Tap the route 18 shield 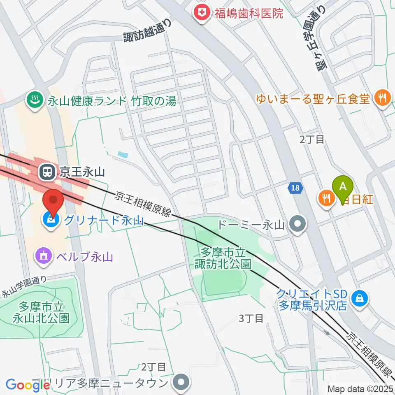[295, 188]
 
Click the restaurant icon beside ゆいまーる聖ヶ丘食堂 [383, 98]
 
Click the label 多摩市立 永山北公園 [41, 312]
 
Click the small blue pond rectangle [122, 155]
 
